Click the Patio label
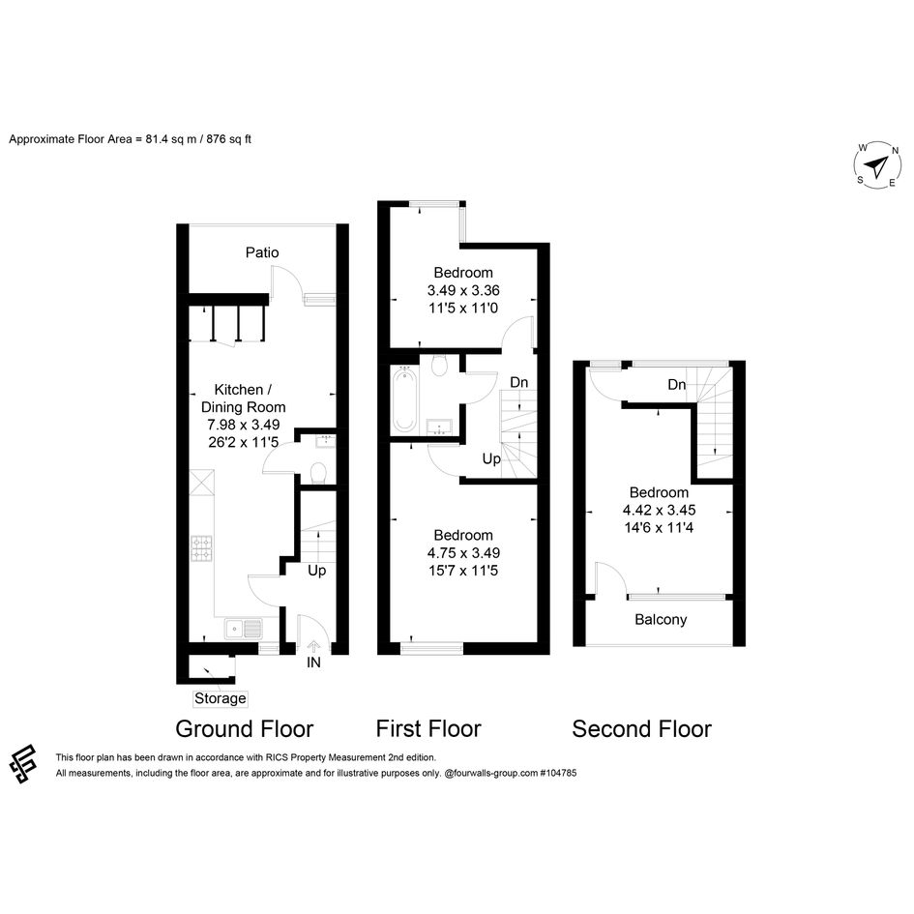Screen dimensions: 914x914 point(262,252)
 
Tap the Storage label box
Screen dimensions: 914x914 point(221,698)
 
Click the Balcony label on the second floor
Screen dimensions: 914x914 point(661,620)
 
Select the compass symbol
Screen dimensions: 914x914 point(877,165)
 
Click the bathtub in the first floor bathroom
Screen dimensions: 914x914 point(404,399)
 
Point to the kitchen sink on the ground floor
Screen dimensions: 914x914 point(244,629)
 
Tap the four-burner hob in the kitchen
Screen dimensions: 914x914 point(202,548)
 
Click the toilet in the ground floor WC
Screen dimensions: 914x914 point(318,473)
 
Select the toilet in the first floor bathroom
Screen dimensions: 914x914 point(439,366)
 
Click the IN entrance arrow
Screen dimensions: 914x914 point(313,646)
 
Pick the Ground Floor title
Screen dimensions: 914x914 point(245,728)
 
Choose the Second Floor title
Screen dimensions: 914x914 point(642,728)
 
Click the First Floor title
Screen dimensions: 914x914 point(428,728)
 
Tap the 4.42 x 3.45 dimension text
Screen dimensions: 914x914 point(660,510)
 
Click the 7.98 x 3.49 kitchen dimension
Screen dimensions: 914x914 point(244,425)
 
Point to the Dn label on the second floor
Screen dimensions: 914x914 point(677,385)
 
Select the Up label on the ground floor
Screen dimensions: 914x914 point(316,571)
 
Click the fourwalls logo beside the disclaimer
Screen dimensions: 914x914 point(23,764)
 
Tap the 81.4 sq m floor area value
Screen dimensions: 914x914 point(170,139)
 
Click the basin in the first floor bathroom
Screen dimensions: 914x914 point(439,427)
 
